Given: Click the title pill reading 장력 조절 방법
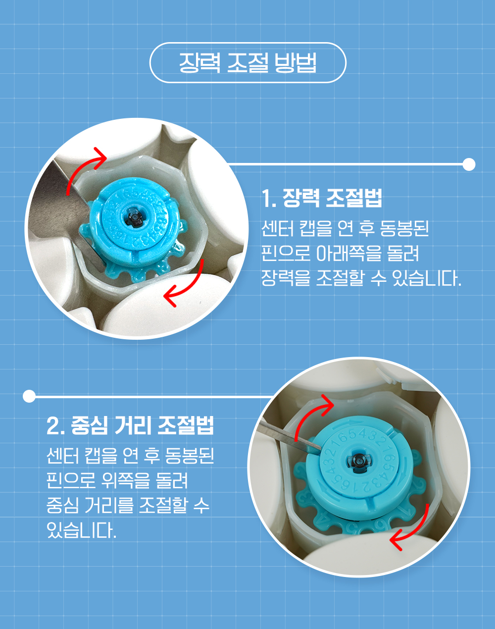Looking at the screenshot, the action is point(248,63).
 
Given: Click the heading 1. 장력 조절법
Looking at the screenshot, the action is point(322,198).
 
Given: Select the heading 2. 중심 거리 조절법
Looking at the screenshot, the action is point(130,425).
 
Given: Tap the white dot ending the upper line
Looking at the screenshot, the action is point(469,164).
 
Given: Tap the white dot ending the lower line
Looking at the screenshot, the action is point(29,396).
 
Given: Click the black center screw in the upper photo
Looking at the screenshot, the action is point(135,217).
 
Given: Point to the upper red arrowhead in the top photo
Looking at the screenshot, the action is point(100,158).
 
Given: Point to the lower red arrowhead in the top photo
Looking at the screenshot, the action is point(171,295).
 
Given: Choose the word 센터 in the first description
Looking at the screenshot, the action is point(278,228).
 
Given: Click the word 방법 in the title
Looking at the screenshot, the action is point(296,63).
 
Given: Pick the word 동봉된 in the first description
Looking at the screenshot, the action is point(405,228).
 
